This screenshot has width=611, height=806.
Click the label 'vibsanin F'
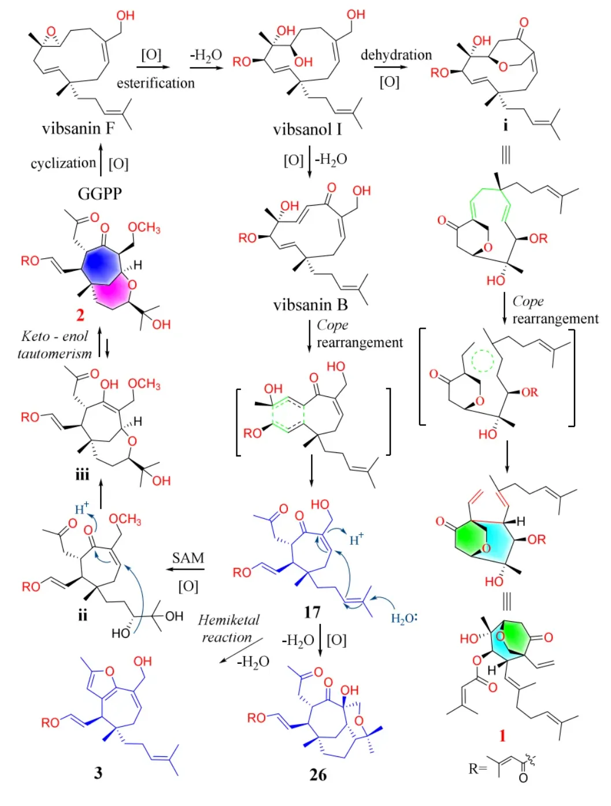click(x=78, y=128)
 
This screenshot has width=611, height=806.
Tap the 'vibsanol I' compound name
click(x=307, y=129)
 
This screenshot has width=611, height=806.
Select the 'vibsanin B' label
click(x=310, y=304)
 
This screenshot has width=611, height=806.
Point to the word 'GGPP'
click(x=99, y=194)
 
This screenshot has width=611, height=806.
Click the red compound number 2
click(x=80, y=315)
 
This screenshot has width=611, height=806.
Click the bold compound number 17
click(x=312, y=612)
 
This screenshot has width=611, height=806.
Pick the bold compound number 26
click(x=318, y=775)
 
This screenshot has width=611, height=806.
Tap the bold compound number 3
click(x=98, y=772)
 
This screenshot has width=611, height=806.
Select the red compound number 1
click(x=502, y=735)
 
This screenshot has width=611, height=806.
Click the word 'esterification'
click(x=155, y=83)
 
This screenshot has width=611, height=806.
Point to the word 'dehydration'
click(x=396, y=55)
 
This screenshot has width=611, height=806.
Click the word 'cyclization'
click(x=63, y=163)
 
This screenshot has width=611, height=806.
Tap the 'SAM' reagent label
click(x=188, y=558)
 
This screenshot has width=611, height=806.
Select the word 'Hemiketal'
click(x=228, y=620)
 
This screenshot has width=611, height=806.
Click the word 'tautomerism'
click(x=54, y=354)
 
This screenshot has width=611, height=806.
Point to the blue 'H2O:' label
click(x=404, y=618)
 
